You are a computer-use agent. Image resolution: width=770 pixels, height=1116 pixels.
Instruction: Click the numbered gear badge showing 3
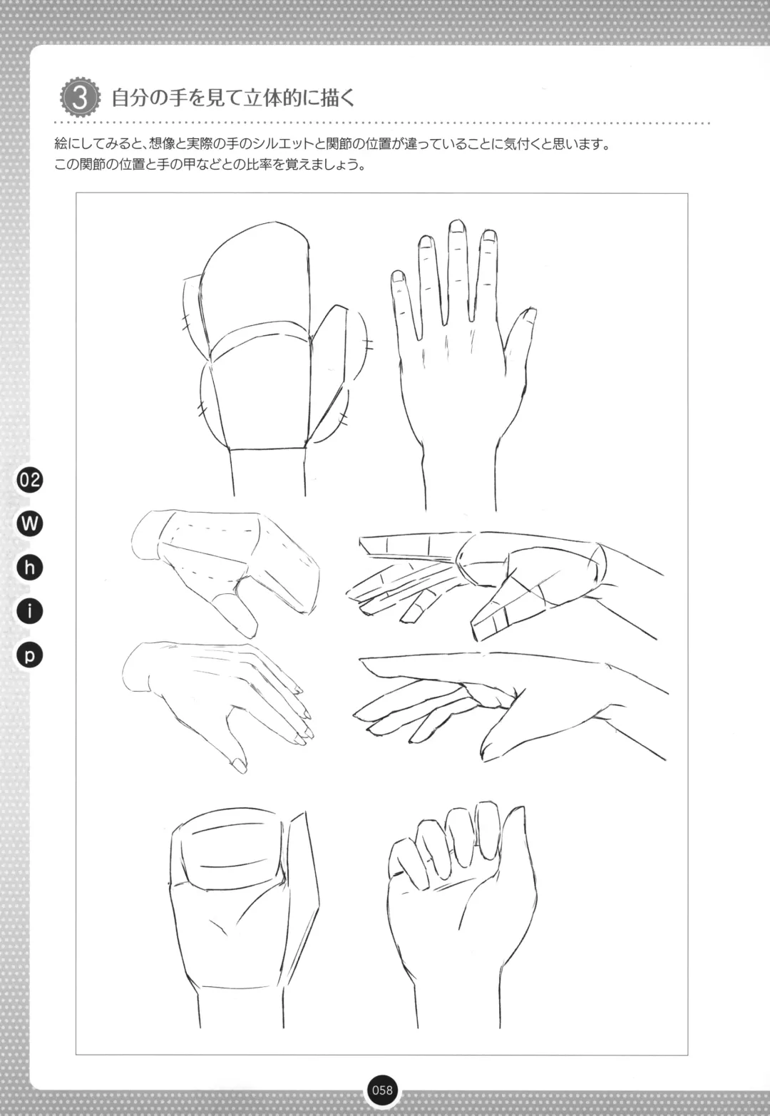tap(80, 98)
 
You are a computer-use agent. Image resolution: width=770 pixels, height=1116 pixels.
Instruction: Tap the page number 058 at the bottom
tap(382, 1090)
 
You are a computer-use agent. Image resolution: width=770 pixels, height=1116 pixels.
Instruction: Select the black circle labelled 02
tap(30, 480)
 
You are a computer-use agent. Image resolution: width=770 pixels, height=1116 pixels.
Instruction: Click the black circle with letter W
tap(30, 523)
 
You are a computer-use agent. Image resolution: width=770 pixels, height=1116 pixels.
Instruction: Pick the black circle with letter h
tap(30, 568)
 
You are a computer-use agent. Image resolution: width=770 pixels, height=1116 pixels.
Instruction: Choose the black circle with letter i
tap(30, 611)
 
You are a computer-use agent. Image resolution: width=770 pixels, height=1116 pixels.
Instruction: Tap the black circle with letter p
tap(30, 655)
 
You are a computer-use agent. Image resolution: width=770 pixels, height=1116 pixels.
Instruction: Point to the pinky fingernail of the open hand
tap(398, 277)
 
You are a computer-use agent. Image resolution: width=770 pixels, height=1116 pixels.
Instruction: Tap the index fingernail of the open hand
tap(489, 236)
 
